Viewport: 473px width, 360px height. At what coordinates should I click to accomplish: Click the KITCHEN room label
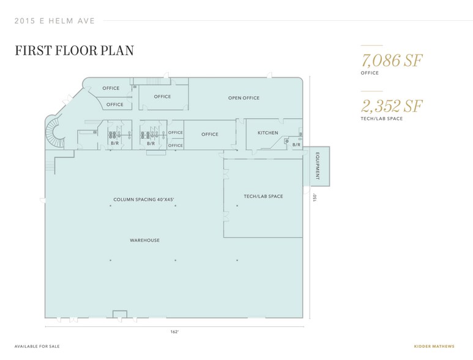tap(268, 133)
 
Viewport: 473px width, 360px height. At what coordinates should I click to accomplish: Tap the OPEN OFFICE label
tap(244, 98)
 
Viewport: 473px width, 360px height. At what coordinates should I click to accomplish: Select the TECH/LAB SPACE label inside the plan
tap(263, 196)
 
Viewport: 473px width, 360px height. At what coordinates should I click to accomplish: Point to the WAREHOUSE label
tap(145, 240)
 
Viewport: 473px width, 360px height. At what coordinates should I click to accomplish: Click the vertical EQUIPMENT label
tap(318, 167)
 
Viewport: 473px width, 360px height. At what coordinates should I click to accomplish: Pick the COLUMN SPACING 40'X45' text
tap(144, 200)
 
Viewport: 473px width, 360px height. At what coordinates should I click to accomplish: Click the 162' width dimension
tap(174, 332)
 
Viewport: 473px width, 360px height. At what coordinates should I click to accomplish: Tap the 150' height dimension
tap(315, 197)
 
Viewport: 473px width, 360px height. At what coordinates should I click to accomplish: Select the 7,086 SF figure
tap(392, 61)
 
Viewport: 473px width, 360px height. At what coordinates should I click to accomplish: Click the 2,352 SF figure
tap(392, 106)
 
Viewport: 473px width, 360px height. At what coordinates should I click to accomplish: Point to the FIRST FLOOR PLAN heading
tap(75, 50)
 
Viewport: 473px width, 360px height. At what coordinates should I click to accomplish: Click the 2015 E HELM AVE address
tap(54, 21)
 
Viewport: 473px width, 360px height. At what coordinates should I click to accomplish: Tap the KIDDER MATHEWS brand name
tap(434, 347)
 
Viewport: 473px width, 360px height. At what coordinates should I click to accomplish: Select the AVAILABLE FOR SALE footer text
tap(37, 347)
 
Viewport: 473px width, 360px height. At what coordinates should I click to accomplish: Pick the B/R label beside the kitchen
tap(297, 145)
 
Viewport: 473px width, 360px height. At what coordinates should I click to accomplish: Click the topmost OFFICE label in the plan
tap(111, 88)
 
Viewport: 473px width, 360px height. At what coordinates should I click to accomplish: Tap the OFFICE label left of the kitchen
tap(210, 134)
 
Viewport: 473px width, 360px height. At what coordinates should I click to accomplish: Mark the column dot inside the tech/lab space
tap(237, 206)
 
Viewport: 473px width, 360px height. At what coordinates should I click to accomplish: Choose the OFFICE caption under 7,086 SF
tap(370, 73)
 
